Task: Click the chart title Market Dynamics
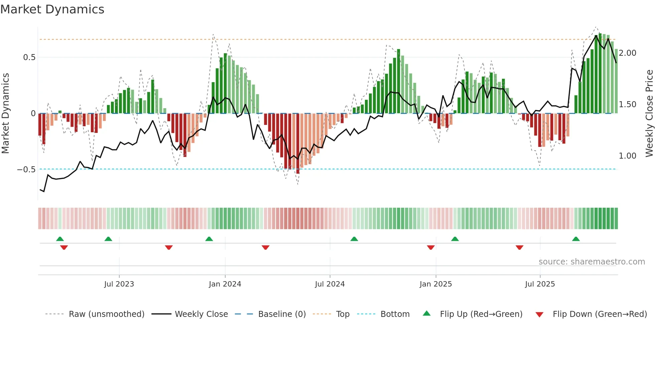click(x=52, y=9)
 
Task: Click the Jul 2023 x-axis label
click(x=119, y=284)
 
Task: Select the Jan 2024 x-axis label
click(x=225, y=284)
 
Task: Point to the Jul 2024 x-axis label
click(x=330, y=284)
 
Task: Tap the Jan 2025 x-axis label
click(x=436, y=284)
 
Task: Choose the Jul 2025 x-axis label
click(x=540, y=284)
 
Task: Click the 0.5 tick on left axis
click(x=29, y=57)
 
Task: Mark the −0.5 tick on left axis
click(x=26, y=170)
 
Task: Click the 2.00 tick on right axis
click(x=628, y=53)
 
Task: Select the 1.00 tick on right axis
click(x=628, y=156)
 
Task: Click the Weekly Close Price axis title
click(x=649, y=114)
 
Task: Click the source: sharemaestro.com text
click(x=592, y=262)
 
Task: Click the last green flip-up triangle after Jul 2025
click(x=576, y=239)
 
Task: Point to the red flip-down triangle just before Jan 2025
click(x=431, y=247)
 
